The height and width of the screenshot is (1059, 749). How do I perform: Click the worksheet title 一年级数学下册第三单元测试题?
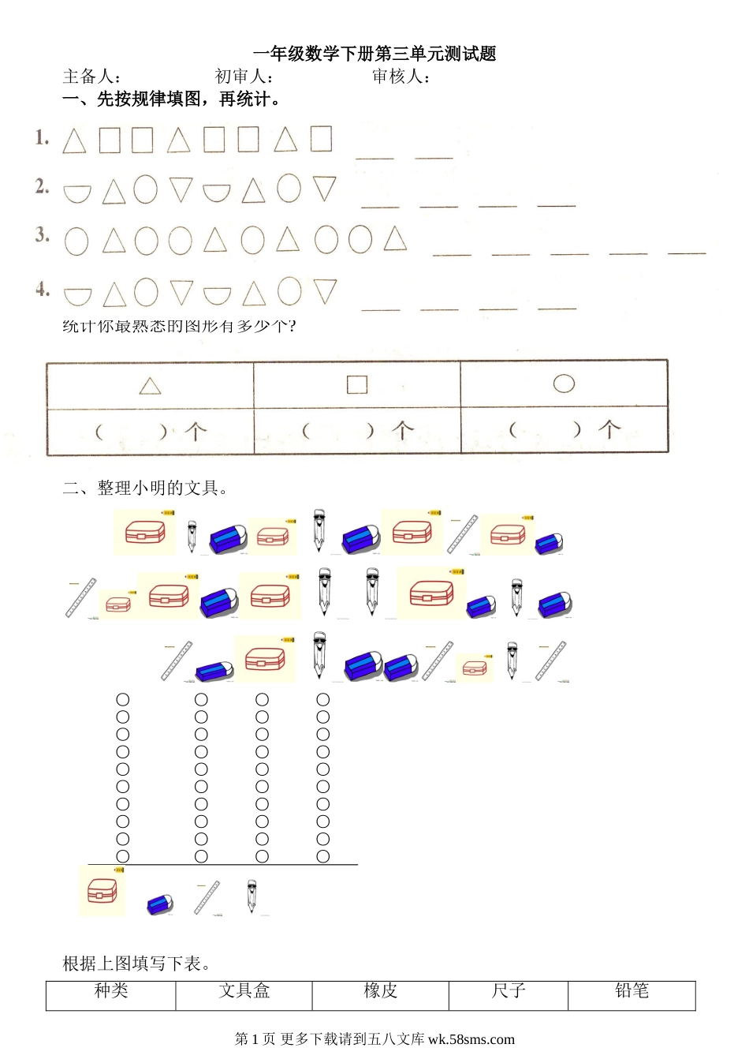coord(374,54)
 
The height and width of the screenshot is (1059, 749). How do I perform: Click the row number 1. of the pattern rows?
coord(42,137)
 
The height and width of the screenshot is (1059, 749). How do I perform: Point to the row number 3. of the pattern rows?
coord(42,234)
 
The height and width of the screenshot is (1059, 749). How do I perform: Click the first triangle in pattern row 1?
coord(74,141)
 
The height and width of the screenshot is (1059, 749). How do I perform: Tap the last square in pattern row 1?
coord(321,139)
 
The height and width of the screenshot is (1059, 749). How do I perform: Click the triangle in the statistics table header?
coord(150,386)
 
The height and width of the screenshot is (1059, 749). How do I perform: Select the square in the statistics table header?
coord(357,384)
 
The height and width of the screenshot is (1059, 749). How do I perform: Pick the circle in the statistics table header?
coord(564,384)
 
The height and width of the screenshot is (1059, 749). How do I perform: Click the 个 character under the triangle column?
coord(196,431)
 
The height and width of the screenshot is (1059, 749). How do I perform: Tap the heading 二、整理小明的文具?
coord(144,488)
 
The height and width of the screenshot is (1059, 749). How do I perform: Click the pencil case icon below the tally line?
coord(102,891)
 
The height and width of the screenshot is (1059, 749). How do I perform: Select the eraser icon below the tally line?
coord(159,904)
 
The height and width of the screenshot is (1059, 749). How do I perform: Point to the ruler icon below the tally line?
coord(207,897)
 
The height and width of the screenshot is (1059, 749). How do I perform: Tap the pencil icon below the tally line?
coord(252,896)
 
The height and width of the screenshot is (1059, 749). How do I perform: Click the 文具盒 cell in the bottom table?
coord(244,990)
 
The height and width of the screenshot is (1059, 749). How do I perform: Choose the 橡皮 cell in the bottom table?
coord(380,990)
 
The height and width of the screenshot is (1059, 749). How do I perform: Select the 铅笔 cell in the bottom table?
coord(632,990)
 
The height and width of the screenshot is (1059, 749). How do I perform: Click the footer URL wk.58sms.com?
coord(471,1039)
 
